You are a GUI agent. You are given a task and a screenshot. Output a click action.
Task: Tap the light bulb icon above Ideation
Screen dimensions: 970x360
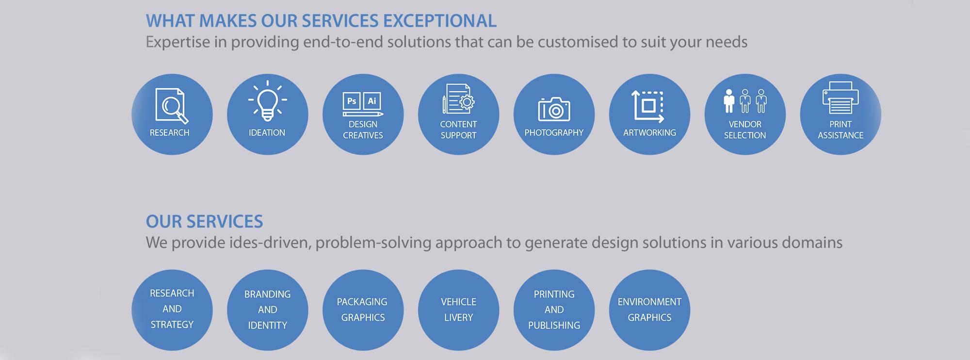(267, 100)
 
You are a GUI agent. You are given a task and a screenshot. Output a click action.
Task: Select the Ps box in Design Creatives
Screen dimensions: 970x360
(352, 101)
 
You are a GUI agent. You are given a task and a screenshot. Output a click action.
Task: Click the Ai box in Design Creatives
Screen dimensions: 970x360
(372, 101)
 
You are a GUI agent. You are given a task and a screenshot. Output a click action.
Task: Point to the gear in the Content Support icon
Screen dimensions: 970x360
(467, 102)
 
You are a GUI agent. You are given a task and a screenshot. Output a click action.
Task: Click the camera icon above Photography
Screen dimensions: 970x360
(554, 109)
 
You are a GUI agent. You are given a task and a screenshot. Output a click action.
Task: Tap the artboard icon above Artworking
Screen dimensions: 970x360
(648, 106)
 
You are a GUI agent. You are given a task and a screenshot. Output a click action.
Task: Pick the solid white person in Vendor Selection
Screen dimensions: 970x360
(728, 101)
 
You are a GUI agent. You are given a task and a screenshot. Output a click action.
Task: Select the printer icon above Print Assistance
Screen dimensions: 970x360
(841, 98)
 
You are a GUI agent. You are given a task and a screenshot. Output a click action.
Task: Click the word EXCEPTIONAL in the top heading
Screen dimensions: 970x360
(440, 21)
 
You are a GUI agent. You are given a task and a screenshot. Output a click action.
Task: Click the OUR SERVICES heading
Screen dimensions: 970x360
(204, 221)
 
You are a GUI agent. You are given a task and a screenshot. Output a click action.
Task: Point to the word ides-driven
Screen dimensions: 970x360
(269, 243)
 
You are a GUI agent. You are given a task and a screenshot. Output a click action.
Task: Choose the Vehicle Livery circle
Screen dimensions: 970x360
(458, 310)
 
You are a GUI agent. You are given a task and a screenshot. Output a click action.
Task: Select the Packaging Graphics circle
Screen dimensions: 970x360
(363, 310)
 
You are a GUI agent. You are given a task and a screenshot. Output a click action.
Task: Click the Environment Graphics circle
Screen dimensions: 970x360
(649, 310)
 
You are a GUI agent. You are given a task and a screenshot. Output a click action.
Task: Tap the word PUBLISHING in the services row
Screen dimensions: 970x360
(554, 325)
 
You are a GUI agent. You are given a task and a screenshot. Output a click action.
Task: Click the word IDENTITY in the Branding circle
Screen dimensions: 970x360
(267, 325)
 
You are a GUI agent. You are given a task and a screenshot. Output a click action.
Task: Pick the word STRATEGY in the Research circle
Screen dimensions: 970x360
(172, 324)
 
